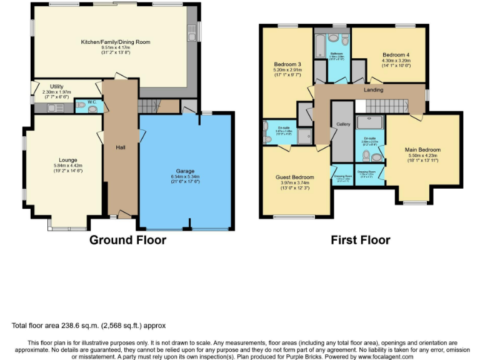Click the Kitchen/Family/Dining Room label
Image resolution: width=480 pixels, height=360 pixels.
click(116, 42)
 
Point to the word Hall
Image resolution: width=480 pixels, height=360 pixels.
click(121, 147)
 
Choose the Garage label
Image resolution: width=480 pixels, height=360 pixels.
click(185, 171)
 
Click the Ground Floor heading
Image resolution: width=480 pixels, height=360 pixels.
click(127, 240)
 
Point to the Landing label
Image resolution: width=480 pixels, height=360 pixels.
click(373, 90)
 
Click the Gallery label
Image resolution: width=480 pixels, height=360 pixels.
click(343, 124)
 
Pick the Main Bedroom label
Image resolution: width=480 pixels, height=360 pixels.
click(422, 150)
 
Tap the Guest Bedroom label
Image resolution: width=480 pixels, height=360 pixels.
click(294, 177)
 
